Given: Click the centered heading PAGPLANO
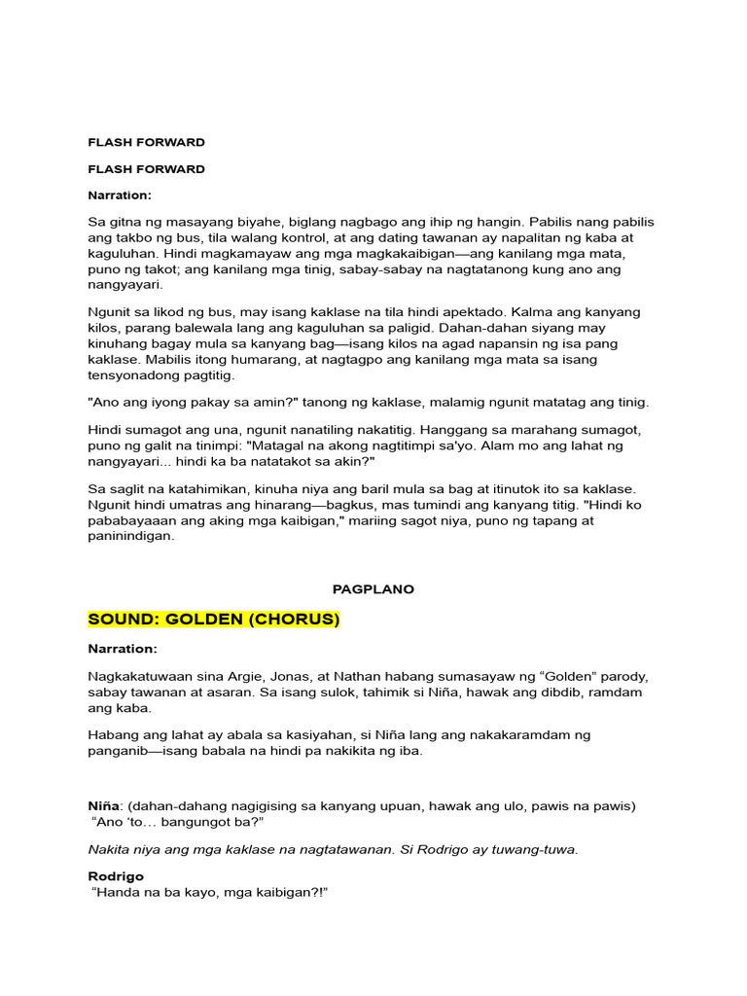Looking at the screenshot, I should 373,589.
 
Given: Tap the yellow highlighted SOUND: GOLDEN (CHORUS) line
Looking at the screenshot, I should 214,620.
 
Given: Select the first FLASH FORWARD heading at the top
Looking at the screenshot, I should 146,142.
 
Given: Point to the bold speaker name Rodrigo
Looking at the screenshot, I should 116,876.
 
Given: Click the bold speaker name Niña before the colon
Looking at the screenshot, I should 103,806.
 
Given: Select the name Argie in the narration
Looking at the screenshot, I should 249,676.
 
